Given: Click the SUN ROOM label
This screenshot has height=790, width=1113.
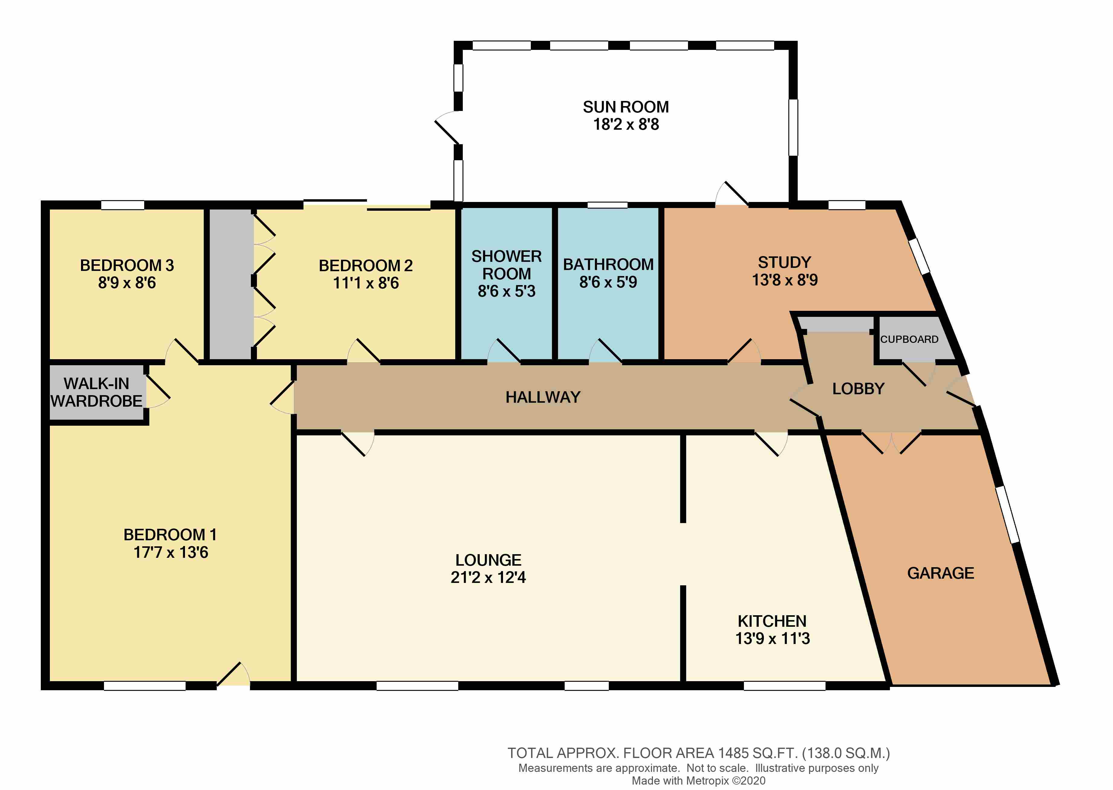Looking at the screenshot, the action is (626, 107).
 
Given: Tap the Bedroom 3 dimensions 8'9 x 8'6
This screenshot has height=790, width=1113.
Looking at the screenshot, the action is (127, 283).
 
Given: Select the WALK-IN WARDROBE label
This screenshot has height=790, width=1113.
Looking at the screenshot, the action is (96, 392).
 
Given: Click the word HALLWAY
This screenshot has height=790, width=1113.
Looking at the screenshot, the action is (543, 397).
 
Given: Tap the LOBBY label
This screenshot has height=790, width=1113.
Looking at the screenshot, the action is (858, 389).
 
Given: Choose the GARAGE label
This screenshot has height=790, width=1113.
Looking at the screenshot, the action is (940, 573).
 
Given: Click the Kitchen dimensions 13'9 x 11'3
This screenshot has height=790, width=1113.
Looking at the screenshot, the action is (772, 638).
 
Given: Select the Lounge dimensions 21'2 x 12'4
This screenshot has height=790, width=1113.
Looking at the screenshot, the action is (488, 577).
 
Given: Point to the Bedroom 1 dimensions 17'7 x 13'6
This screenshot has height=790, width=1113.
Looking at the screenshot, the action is (171, 552).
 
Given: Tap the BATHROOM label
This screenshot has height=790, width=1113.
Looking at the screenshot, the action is (608, 264).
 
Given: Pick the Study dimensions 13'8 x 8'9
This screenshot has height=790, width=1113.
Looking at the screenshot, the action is (785, 280).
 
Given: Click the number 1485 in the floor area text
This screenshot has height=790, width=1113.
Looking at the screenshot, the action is (733, 753).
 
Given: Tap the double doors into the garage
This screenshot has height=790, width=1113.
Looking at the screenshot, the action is (891, 442).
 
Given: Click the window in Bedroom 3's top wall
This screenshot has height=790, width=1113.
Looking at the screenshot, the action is (122, 205).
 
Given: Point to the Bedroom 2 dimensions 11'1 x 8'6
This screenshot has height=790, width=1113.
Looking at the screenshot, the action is (366, 283).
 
